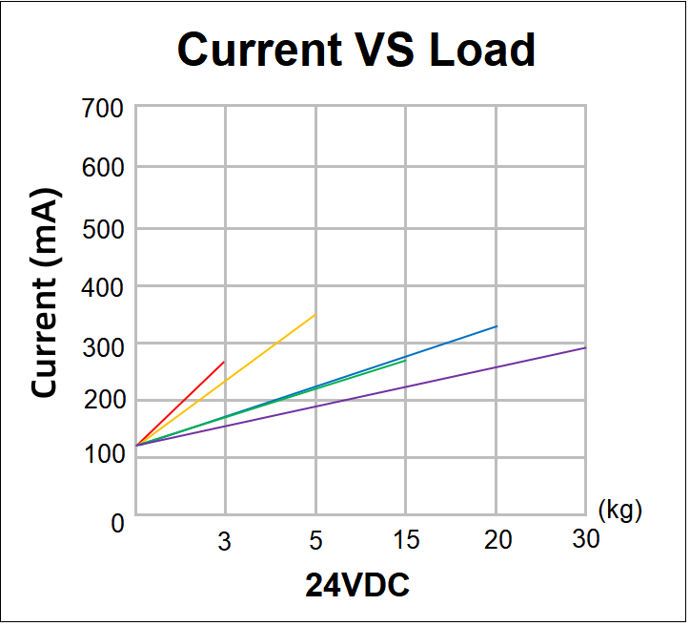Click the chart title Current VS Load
(356, 49)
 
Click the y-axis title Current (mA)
(45, 293)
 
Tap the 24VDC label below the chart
(357, 584)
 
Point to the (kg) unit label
(619, 510)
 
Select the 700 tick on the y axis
(103, 108)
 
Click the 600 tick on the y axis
(103, 167)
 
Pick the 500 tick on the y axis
(103, 229)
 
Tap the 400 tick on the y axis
(103, 286)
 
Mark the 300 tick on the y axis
(103, 344)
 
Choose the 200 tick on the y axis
(103, 401)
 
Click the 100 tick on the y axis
(103, 456)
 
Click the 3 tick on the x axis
(225, 541)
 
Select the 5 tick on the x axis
(315, 541)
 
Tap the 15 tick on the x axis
(406, 541)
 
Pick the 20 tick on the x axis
(497, 540)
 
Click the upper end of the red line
(225, 362)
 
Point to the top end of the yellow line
(315, 314)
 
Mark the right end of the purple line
(585, 347)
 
